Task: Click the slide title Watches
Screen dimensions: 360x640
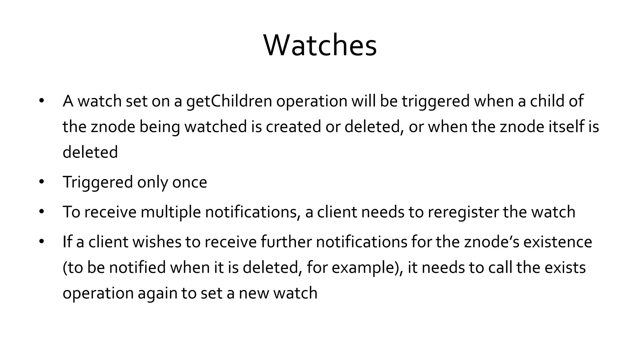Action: [320, 46]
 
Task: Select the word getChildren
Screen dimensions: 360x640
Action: [229, 101]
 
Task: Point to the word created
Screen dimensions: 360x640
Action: [293, 127]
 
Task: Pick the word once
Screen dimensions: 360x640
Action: [189, 182]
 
